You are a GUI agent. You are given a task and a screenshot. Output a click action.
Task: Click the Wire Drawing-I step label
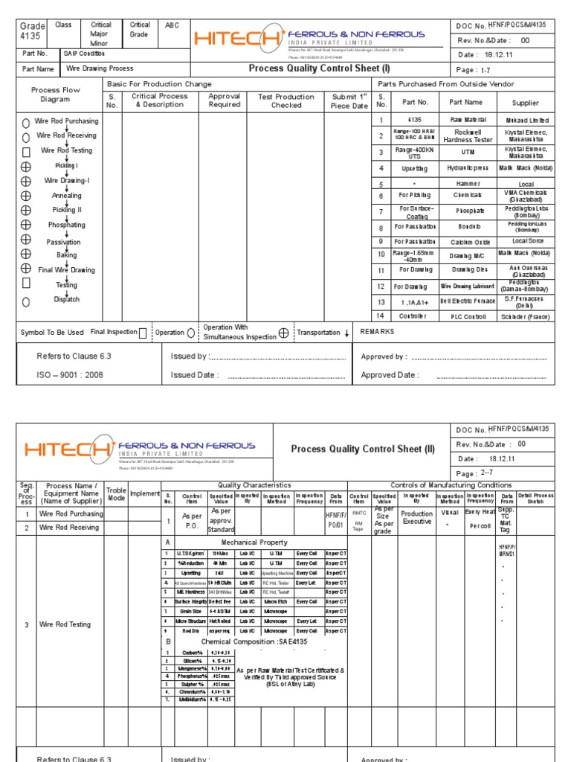(x=67, y=181)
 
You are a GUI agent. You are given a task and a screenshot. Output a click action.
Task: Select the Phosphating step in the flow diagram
(x=67, y=225)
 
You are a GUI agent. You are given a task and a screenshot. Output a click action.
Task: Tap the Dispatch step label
(x=67, y=299)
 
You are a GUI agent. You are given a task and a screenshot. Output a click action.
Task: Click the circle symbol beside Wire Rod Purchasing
(x=26, y=122)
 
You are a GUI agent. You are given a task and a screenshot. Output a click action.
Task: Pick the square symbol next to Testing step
(x=26, y=284)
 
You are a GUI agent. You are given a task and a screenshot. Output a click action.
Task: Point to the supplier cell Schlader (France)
(x=526, y=317)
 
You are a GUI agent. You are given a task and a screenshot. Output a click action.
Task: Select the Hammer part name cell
(x=467, y=184)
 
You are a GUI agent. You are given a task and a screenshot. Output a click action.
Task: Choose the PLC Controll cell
(x=467, y=317)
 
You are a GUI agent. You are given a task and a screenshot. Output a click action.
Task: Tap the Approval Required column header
(x=224, y=100)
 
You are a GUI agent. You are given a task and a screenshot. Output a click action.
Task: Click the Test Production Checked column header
(x=285, y=100)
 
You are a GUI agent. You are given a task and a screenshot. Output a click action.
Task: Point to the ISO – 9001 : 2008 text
(x=70, y=375)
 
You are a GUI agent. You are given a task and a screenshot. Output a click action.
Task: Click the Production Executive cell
(x=416, y=518)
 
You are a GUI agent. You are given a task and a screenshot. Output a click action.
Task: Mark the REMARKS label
(x=377, y=332)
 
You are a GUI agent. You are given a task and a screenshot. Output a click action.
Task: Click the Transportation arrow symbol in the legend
(x=346, y=333)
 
